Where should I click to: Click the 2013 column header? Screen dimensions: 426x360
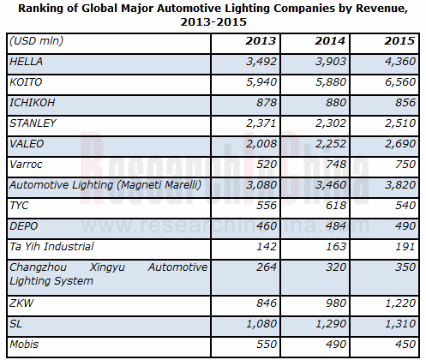[x=261, y=41]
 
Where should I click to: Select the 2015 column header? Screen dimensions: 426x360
[x=399, y=41]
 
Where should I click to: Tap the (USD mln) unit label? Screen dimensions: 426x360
[x=36, y=41]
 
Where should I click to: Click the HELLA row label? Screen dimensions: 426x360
[x=26, y=62]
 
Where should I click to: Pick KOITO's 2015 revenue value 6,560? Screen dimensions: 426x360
[x=400, y=82]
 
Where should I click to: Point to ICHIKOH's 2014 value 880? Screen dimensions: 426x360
[x=336, y=103]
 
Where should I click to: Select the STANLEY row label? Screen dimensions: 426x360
[x=33, y=123]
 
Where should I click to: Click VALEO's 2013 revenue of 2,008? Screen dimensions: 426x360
[x=261, y=144]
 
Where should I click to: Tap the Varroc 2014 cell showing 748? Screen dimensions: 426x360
[x=336, y=165]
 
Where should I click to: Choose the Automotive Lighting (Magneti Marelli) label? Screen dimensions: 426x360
[x=105, y=185]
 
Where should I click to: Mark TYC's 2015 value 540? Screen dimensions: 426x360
[x=405, y=206]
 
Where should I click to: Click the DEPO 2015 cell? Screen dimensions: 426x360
[x=405, y=226]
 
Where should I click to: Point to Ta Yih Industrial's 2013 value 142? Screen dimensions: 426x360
[x=267, y=247]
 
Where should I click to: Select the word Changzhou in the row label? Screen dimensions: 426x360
[x=38, y=267]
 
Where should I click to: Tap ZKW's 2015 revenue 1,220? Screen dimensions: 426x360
[x=400, y=303]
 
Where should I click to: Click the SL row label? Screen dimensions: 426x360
[x=15, y=324]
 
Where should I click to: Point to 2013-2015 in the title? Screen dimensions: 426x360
[x=213, y=22]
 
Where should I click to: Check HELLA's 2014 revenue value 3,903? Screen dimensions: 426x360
[x=331, y=62]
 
